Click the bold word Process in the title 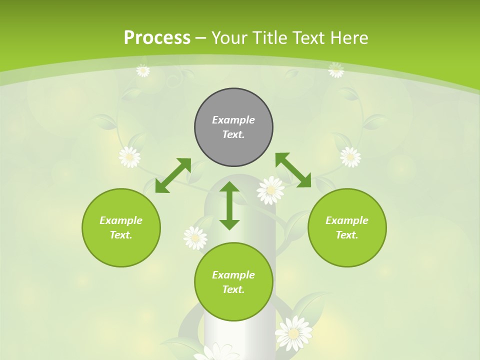(157, 38)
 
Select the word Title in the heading (268, 38)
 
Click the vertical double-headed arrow (229, 205)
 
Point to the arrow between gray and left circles (173, 175)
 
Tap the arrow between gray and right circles (293, 170)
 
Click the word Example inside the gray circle (233, 120)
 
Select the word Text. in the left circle (121, 235)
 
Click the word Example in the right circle (347, 220)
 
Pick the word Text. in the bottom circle (233, 289)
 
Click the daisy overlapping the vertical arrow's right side (270, 190)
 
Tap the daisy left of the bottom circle (195, 237)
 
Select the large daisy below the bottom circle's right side (293, 333)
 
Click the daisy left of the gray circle (129, 156)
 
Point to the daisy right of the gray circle (350, 156)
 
